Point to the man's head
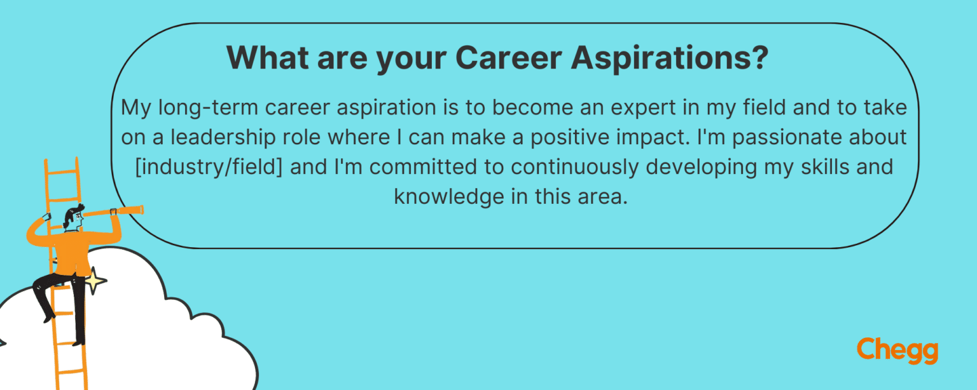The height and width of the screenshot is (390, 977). (73, 219)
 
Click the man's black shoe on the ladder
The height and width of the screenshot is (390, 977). (78, 341)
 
